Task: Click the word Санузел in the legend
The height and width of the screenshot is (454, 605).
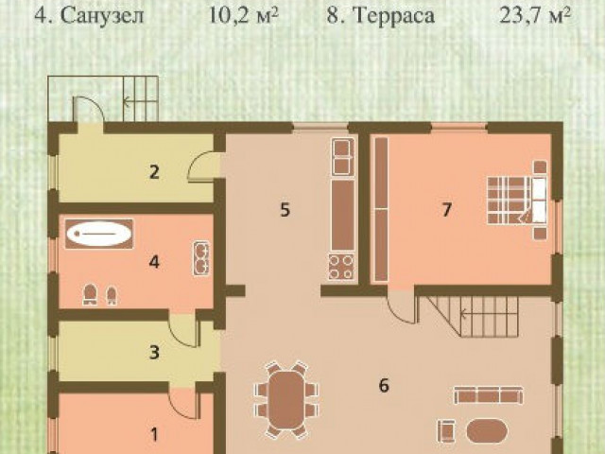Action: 102,16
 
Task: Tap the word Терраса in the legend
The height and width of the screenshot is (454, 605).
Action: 394,16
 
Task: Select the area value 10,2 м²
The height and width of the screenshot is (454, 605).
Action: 244,16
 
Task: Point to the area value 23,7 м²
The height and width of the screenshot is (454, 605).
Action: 535,16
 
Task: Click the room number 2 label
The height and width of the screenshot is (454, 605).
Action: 154,172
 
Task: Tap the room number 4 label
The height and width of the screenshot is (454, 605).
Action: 154,263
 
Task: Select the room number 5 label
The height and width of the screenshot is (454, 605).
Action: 285,210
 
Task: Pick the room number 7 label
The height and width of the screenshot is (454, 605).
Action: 446,210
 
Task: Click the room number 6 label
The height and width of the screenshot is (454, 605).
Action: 384,385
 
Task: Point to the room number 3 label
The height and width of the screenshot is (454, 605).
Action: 154,352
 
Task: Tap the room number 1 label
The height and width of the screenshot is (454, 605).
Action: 154,435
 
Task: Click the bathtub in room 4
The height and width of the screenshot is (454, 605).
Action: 99,234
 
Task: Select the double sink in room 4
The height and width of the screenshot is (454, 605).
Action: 201,258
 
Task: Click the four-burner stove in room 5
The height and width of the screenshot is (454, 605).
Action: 342,267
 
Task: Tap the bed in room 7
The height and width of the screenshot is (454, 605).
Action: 517,201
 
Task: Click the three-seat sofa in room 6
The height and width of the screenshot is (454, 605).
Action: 488,395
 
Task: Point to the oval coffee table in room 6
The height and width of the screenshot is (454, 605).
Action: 487,431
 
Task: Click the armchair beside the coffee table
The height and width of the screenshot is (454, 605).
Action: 447,430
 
